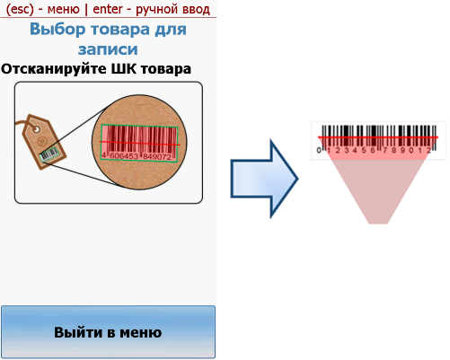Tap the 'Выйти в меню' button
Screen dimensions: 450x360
tap(108, 332)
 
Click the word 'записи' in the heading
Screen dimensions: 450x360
tap(108, 49)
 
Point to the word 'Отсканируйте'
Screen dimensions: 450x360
tap(54, 69)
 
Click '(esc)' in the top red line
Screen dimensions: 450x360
tap(20, 9)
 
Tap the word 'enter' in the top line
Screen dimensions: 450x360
tap(108, 9)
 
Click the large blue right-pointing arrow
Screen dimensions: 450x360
tap(264, 179)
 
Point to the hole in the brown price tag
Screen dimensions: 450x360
tap(36, 129)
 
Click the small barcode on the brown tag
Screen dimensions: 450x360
tap(49, 154)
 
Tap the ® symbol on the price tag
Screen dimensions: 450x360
tap(43, 141)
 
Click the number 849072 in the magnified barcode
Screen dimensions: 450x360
tap(157, 156)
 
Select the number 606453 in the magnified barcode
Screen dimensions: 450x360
tap(124, 155)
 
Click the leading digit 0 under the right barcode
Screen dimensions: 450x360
tap(319, 150)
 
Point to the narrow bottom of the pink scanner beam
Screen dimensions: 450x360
tap(378, 222)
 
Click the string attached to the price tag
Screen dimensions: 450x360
tap(22, 123)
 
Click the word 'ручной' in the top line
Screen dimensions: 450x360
tap(154, 10)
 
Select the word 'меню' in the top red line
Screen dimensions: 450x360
tap(63, 10)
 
